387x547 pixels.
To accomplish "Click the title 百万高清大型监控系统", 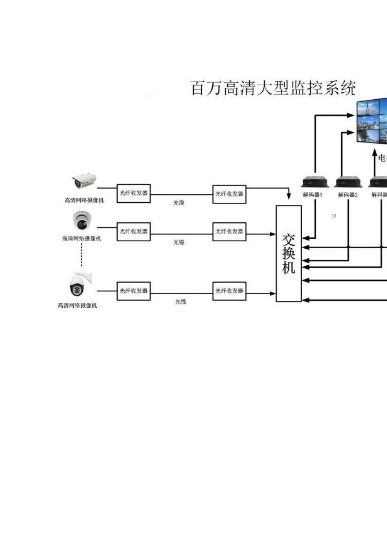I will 273,88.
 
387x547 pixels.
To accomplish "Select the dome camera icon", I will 82,221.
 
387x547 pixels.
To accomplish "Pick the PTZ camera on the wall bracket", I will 79,284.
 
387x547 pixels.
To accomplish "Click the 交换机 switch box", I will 289,253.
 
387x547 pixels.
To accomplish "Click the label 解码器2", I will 348,195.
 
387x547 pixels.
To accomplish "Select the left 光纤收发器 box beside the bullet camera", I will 134,193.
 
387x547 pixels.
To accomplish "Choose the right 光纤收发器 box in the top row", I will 229,194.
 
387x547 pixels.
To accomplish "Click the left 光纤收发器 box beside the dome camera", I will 134,232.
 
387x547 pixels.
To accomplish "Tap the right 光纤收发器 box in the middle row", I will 229,232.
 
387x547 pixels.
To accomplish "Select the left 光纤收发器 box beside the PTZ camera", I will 134,291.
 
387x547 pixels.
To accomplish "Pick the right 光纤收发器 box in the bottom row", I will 229,291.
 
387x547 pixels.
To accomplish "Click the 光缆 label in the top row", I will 179,203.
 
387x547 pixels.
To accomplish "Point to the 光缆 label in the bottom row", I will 180,302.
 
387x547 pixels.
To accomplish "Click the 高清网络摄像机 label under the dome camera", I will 81,238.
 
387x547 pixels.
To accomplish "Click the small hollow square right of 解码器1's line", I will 334,216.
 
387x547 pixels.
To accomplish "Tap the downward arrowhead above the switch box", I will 289,196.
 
